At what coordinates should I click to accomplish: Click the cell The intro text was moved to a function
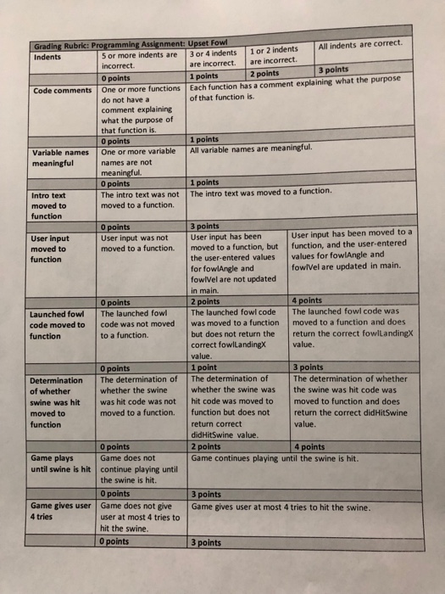point(260,192)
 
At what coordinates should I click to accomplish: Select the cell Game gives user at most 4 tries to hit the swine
point(281,507)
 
